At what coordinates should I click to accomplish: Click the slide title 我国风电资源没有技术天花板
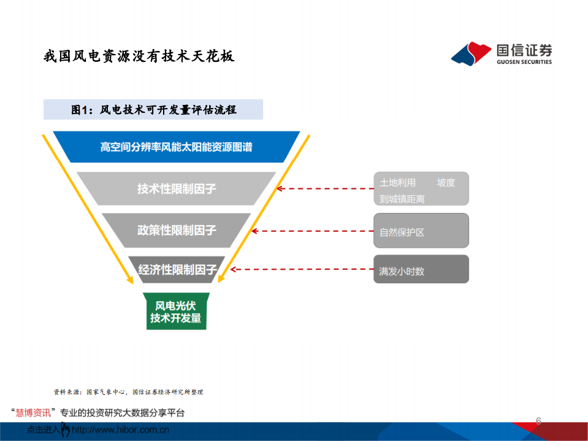click(139, 56)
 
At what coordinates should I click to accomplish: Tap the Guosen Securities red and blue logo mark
click(471, 53)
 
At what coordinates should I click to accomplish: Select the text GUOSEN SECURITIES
click(524, 62)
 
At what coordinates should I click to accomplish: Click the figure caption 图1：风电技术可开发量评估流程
click(154, 110)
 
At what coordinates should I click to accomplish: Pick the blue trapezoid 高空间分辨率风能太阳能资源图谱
click(176, 147)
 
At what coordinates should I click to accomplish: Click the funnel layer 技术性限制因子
click(176, 189)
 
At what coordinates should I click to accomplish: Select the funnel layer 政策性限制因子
click(176, 230)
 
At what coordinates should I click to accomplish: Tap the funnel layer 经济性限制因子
click(177, 269)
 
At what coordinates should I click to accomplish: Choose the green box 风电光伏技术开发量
click(176, 311)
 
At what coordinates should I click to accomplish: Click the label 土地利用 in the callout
click(397, 183)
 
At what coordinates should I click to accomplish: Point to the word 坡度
click(446, 183)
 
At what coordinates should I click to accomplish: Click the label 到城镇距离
click(402, 199)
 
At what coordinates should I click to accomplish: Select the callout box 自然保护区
click(421, 231)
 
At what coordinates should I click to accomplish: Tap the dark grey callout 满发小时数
click(421, 269)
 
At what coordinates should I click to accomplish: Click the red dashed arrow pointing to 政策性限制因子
click(312, 231)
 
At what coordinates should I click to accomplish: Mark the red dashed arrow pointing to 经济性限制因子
click(302, 269)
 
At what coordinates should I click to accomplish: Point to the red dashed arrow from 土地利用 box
click(325, 189)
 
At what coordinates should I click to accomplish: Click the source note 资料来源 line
click(128, 392)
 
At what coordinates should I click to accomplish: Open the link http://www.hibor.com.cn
click(120, 430)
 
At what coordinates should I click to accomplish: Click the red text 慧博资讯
click(33, 413)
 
